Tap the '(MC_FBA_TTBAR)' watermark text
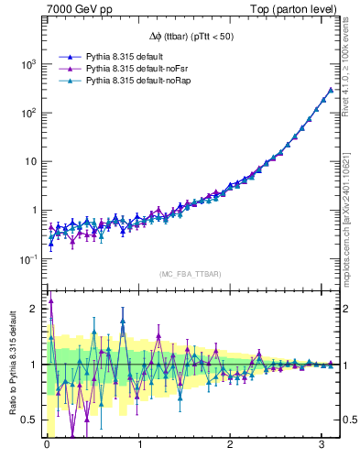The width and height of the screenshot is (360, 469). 191,275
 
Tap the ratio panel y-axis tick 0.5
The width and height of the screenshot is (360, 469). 31,420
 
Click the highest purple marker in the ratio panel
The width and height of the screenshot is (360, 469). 51,300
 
